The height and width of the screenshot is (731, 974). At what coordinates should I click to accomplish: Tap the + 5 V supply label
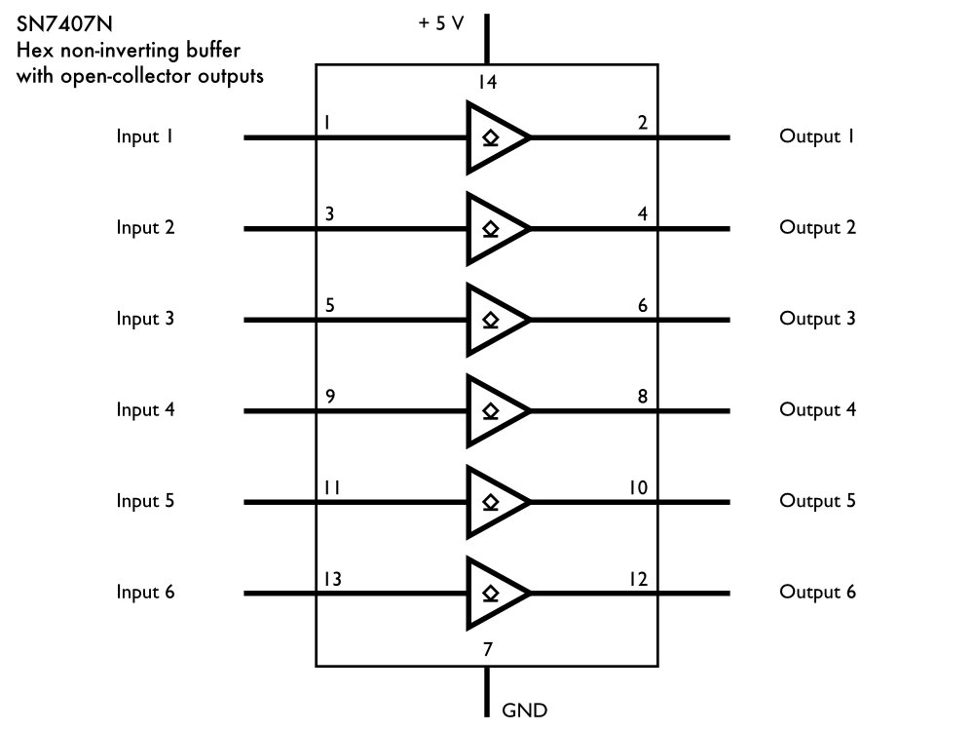tap(441, 23)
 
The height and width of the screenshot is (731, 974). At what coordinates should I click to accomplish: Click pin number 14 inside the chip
tap(487, 83)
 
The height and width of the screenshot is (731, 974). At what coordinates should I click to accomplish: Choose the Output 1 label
tap(817, 136)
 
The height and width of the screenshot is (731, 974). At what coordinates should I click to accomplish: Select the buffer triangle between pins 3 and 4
tap(495, 229)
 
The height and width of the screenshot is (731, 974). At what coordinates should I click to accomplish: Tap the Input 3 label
tap(145, 319)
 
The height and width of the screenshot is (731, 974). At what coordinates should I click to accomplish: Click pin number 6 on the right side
tap(642, 305)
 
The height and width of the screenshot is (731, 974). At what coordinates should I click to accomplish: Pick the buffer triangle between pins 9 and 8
tap(495, 411)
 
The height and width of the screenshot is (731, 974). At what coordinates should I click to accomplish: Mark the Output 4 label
tap(817, 409)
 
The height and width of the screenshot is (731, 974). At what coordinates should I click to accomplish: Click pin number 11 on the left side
tap(331, 487)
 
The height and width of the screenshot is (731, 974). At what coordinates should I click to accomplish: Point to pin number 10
tap(638, 487)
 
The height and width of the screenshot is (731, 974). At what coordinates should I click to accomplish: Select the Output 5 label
tap(817, 501)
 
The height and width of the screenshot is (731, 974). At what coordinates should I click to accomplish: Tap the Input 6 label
tap(145, 592)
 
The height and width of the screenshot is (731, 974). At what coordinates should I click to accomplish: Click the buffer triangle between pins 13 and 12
tap(495, 594)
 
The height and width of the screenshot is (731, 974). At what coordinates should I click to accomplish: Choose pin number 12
tap(638, 579)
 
